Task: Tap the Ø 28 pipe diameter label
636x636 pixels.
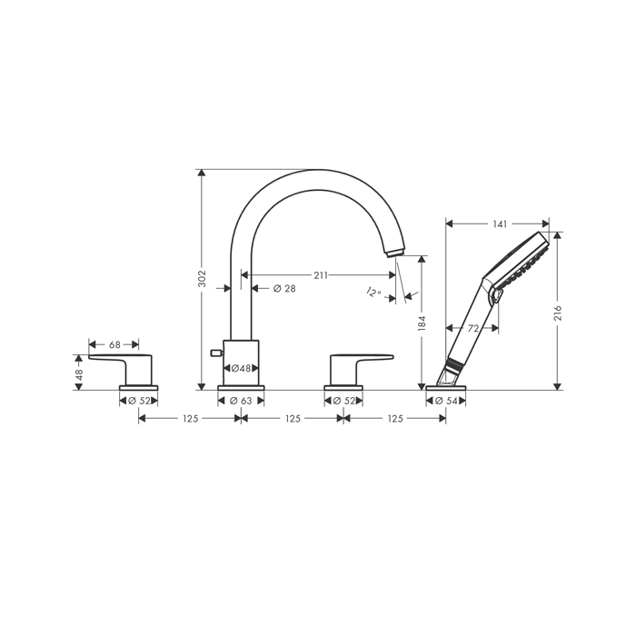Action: (284, 289)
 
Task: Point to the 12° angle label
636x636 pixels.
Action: (372, 293)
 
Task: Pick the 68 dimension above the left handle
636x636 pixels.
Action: (114, 344)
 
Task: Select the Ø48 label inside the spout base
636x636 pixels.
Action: (241, 368)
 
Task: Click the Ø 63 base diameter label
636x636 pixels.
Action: (241, 401)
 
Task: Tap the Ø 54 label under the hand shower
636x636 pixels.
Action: (445, 401)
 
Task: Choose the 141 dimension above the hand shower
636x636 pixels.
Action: (497, 223)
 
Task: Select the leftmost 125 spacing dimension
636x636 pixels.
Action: (189, 419)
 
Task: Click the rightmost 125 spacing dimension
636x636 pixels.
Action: (394, 419)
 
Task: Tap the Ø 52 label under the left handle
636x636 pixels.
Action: (138, 401)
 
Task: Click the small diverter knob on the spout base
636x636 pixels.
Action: (214, 351)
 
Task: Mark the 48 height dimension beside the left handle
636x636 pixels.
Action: (79, 373)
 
